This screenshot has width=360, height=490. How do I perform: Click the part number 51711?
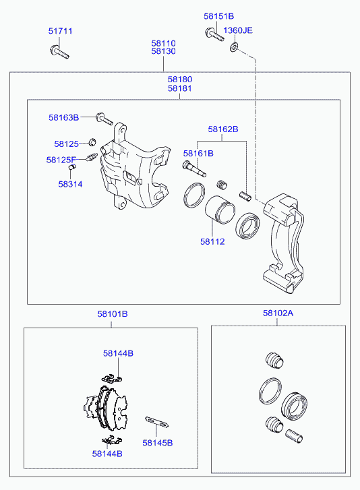click(x=60, y=31)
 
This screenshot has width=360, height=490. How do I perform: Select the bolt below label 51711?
click(x=59, y=52)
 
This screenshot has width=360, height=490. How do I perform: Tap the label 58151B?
click(x=218, y=16)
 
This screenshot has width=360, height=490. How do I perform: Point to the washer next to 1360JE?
click(x=233, y=47)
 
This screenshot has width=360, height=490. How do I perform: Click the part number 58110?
click(x=163, y=43)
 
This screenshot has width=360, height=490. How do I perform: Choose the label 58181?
click(x=180, y=88)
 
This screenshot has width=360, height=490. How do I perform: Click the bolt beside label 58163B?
click(x=104, y=119)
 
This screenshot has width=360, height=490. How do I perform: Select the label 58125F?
click(x=61, y=160)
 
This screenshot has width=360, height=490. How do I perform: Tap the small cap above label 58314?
click(x=72, y=167)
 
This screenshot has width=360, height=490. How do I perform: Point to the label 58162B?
click(x=223, y=129)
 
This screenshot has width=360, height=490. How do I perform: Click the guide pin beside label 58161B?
click(x=193, y=169)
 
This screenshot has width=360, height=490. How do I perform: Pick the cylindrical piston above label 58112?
click(x=220, y=210)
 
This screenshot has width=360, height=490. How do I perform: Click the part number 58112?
click(x=212, y=241)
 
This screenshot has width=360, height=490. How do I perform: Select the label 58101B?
click(x=113, y=314)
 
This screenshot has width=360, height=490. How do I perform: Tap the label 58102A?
click(x=278, y=313)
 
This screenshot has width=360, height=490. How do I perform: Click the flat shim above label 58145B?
click(x=157, y=422)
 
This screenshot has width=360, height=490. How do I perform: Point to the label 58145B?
click(x=158, y=443)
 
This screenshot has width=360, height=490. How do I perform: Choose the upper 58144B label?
click(x=118, y=353)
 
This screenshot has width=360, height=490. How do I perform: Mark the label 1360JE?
click(x=238, y=30)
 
